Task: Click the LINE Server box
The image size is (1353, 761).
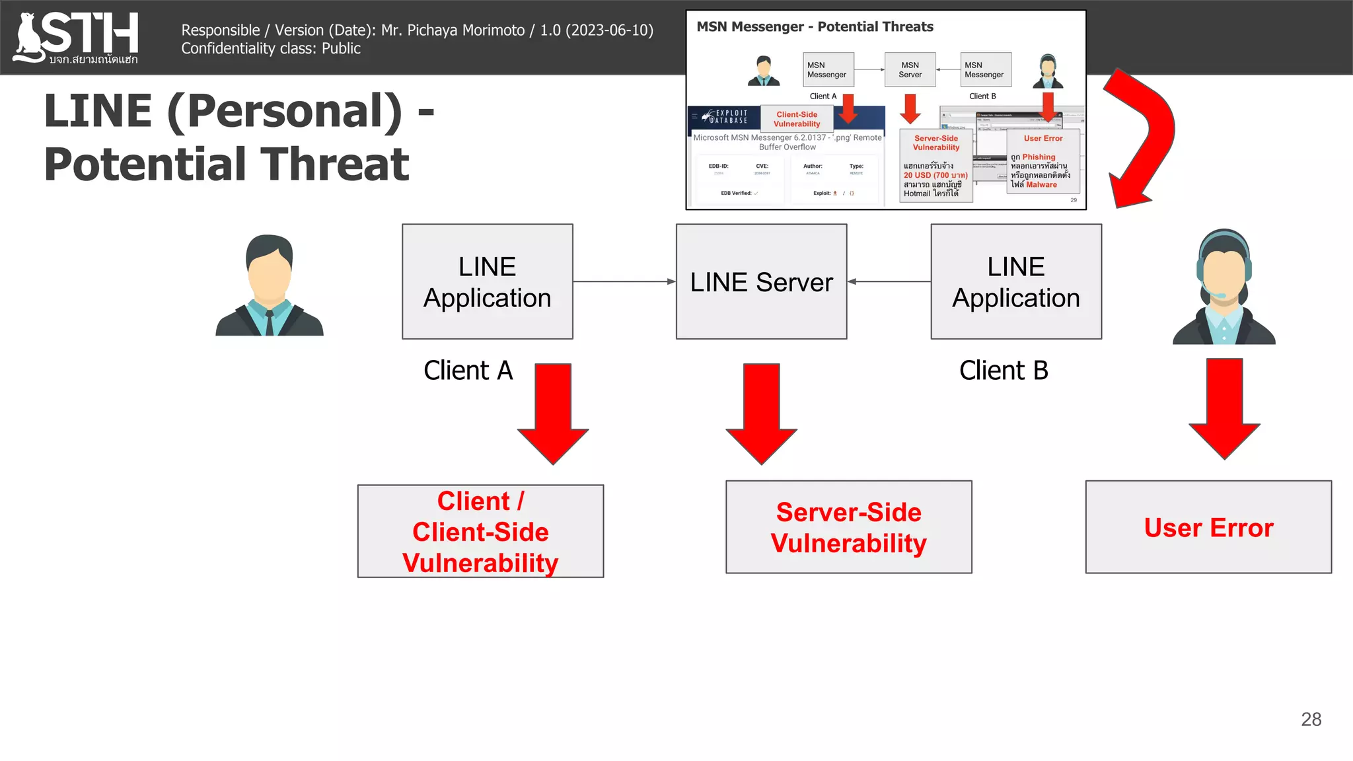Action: (761, 282)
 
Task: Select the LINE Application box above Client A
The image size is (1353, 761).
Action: (487, 282)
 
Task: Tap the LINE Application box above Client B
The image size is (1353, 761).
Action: (1015, 282)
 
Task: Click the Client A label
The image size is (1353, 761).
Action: (468, 371)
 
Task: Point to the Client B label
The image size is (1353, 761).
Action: (1003, 371)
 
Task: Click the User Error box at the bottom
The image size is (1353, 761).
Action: (1208, 527)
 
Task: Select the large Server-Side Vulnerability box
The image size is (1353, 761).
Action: (848, 527)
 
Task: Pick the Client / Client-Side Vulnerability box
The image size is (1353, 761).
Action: (480, 531)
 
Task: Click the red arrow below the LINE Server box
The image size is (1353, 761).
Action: (761, 413)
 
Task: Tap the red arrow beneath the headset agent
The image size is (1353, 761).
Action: (1224, 408)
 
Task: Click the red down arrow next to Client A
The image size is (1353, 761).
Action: (553, 413)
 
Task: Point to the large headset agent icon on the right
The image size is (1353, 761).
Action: (1224, 287)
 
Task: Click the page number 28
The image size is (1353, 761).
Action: (1311, 719)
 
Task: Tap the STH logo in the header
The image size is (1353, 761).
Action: (76, 38)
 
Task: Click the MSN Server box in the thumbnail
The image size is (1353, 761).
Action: (910, 70)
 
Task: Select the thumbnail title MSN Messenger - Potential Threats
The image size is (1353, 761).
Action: (815, 27)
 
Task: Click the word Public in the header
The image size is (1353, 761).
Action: (341, 48)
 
